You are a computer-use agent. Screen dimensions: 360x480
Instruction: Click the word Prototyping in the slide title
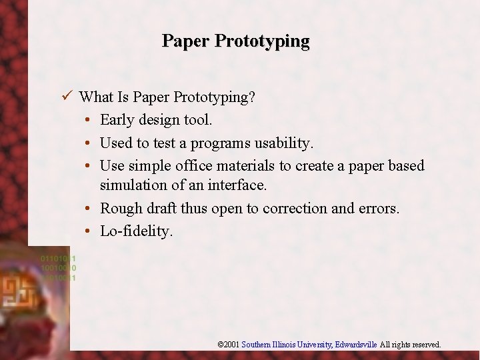pos(262,41)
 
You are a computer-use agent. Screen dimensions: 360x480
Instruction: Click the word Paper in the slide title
pos(186,41)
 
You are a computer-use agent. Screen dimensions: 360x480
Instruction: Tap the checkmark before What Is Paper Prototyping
pos(65,97)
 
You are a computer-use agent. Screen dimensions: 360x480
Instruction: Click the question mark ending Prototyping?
pos(251,97)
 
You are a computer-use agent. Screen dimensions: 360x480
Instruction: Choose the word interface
pos(238,185)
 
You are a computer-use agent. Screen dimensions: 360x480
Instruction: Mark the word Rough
pos(121,209)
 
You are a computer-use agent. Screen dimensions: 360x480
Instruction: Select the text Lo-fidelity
pos(136,231)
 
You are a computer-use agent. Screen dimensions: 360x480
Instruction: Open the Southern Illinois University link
pos(287,345)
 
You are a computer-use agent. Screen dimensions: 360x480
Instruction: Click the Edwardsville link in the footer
pos(356,345)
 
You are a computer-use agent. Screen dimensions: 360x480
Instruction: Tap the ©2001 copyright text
pos(228,345)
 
